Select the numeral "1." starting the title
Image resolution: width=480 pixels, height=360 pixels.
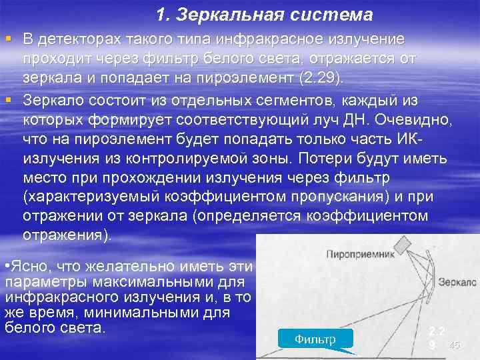[x=165, y=14]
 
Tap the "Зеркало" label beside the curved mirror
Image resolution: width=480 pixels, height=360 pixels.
[x=457, y=283]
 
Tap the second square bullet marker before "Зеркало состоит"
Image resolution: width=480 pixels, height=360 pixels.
[x=8, y=99]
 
